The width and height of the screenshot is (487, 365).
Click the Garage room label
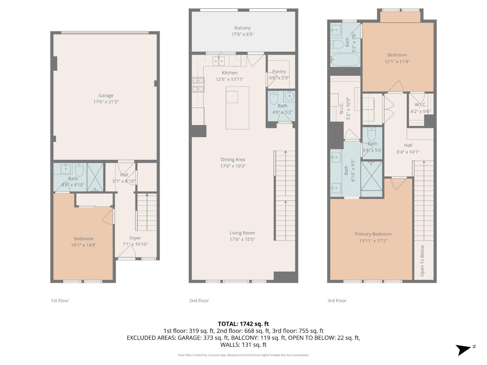click(x=106, y=96)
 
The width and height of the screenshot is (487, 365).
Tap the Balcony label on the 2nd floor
click(x=242, y=28)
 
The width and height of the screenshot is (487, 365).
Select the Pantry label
click(x=279, y=72)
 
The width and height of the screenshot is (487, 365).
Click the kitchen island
click(x=237, y=107)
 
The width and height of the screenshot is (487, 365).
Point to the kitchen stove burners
click(x=199, y=84)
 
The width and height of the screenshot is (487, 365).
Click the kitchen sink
click(x=218, y=61)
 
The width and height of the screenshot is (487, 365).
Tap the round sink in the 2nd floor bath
click(x=289, y=96)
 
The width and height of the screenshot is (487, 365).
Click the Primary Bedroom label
click(x=373, y=234)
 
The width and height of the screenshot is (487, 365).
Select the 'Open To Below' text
click(x=422, y=261)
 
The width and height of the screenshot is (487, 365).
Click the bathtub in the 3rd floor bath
click(x=345, y=60)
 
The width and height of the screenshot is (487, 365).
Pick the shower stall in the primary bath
click(x=372, y=176)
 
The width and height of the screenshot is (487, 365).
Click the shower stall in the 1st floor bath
click(x=95, y=177)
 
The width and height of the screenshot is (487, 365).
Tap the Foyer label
click(x=135, y=238)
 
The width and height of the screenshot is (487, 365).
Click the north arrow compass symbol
click(x=465, y=349)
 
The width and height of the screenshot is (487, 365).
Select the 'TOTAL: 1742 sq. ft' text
click(x=243, y=324)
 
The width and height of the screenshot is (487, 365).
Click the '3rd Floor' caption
click(x=337, y=300)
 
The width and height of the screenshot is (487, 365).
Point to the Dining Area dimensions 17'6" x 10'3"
click(x=233, y=166)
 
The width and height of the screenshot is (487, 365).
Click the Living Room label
click(x=242, y=233)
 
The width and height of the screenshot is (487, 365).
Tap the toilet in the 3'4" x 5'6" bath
click(x=372, y=135)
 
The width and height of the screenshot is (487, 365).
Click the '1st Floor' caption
click(x=60, y=300)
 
